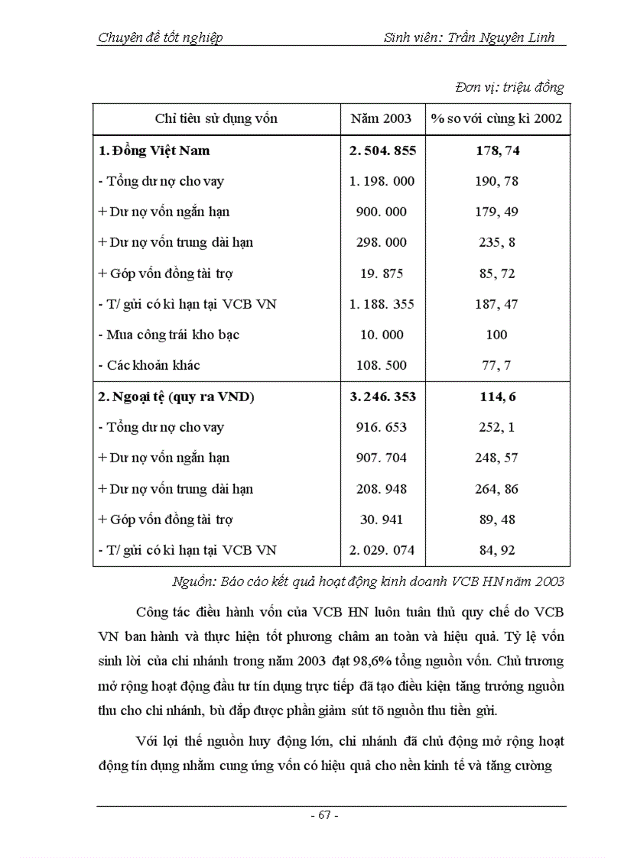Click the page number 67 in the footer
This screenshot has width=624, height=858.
324,814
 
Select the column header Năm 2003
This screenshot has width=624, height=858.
381,118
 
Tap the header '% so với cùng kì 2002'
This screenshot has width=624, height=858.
496,118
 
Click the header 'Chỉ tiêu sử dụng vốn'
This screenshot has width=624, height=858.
216,118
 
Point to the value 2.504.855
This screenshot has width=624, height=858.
382,151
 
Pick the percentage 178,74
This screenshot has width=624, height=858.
497,151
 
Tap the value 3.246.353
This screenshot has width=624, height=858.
382,397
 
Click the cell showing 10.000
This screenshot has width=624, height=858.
382,335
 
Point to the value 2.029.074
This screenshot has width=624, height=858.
382,550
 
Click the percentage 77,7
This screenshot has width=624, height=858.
497,365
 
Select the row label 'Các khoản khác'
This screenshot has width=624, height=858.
153,365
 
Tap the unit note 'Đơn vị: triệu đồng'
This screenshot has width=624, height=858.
509,87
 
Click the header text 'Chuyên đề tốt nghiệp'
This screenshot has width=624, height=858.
161,37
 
